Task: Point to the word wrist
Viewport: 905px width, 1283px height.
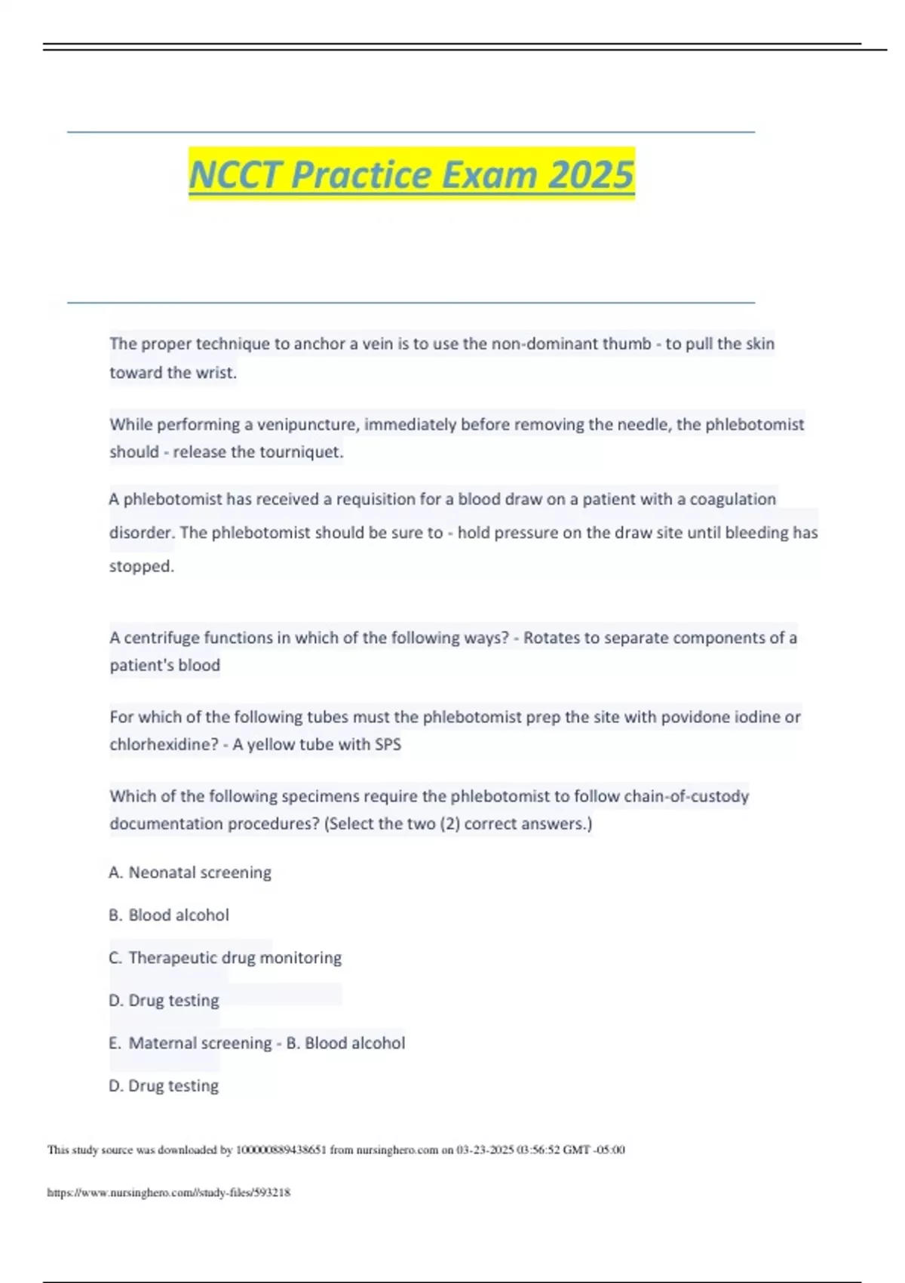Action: click(x=216, y=373)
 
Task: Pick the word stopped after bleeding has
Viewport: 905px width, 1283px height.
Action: click(x=141, y=567)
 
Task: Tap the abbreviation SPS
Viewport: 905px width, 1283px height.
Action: click(x=385, y=745)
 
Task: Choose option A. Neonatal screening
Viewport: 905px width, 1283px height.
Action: click(x=190, y=872)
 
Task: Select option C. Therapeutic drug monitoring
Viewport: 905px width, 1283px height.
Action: click(x=225, y=958)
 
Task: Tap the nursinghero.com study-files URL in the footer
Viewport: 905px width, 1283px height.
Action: click(x=169, y=1192)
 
